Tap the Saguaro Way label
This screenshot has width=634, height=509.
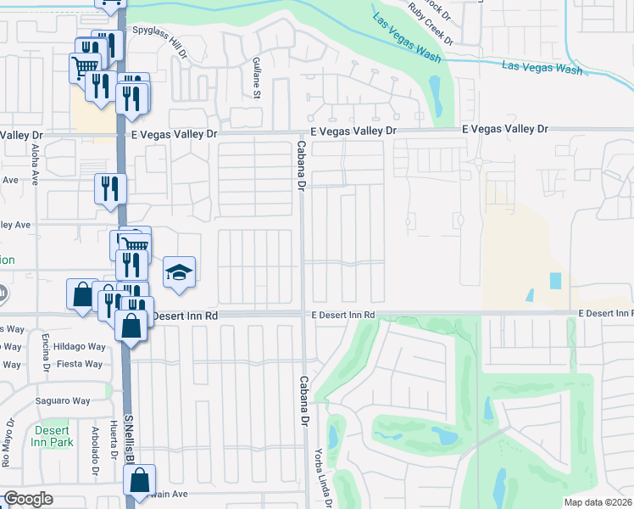(62, 400)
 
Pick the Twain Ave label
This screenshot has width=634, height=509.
(167, 493)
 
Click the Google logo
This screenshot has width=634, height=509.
(28, 498)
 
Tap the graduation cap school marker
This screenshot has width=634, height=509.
(179, 273)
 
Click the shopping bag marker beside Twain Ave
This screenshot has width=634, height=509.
(140, 479)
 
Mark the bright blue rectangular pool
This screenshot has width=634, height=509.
(555, 280)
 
